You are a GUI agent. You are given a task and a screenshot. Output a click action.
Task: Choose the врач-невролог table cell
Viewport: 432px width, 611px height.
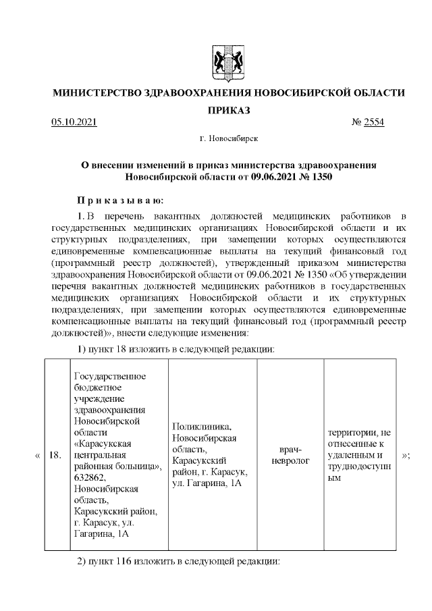292,455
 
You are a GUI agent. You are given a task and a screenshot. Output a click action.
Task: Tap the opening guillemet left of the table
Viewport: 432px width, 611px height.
37,456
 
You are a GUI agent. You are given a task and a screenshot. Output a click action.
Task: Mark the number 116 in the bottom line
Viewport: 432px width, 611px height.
124,562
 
